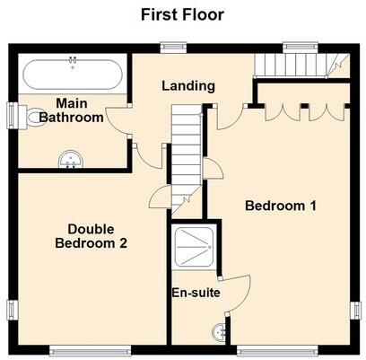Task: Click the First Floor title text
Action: [182, 14]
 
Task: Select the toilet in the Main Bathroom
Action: [35, 117]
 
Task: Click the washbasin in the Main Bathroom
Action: [70, 161]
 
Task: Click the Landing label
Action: [187, 86]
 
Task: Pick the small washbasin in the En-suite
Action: [218, 330]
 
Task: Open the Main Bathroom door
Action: [118, 122]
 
